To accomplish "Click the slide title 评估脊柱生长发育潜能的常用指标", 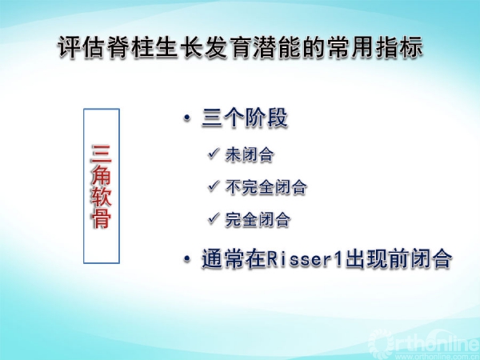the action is [x=241, y=47].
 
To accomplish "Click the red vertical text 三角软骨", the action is [x=102, y=186].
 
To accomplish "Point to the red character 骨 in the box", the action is [x=102, y=218].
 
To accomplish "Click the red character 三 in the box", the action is [x=102, y=154].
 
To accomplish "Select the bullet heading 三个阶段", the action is [x=245, y=118].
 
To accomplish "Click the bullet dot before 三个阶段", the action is [x=186, y=118].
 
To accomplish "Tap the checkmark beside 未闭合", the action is [x=214, y=153].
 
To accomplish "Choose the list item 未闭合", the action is [x=249, y=154].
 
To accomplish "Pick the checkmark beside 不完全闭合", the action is [x=214, y=186].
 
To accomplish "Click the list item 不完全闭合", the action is [x=266, y=186].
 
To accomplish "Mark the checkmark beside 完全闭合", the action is [x=214, y=218].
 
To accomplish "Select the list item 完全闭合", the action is [x=258, y=219].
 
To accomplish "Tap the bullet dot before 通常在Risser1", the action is [x=186, y=259].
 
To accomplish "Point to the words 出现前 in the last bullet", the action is [x=377, y=259].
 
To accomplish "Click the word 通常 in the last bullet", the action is [x=223, y=259].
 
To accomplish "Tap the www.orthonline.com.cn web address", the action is [x=441, y=356].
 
